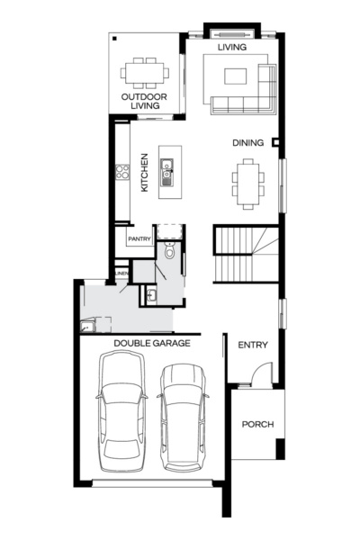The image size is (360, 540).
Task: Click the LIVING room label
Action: (x=232, y=46)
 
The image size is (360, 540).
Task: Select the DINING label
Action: (x=247, y=142)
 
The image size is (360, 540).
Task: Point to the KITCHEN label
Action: (x=144, y=171)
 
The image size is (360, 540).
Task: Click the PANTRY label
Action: (x=138, y=238)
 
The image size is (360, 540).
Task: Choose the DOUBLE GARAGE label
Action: (x=149, y=343)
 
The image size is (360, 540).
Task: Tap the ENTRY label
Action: (x=253, y=345)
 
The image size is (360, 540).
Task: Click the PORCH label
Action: (x=257, y=424)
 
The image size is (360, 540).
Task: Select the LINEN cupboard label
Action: (x=121, y=273)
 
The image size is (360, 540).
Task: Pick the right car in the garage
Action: (x=184, y=416)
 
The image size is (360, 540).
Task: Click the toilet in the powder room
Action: (x=168, y=252)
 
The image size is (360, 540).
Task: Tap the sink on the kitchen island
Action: (x=166, y=166)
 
